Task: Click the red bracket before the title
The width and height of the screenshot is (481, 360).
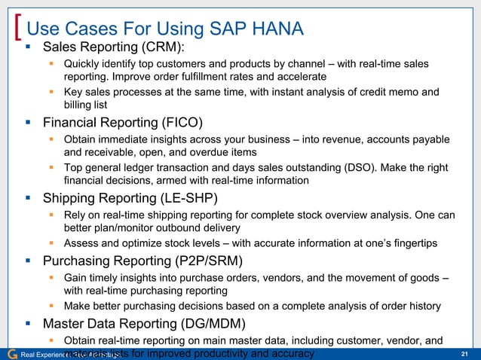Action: [19, 29]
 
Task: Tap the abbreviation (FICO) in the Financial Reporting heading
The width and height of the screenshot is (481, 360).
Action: [178, 123]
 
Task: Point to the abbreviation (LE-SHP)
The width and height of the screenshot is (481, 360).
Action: [188, 199]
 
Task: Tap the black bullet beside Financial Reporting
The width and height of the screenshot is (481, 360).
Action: [29, 123]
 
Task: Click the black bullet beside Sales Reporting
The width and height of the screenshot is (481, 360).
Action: [29, 49]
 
